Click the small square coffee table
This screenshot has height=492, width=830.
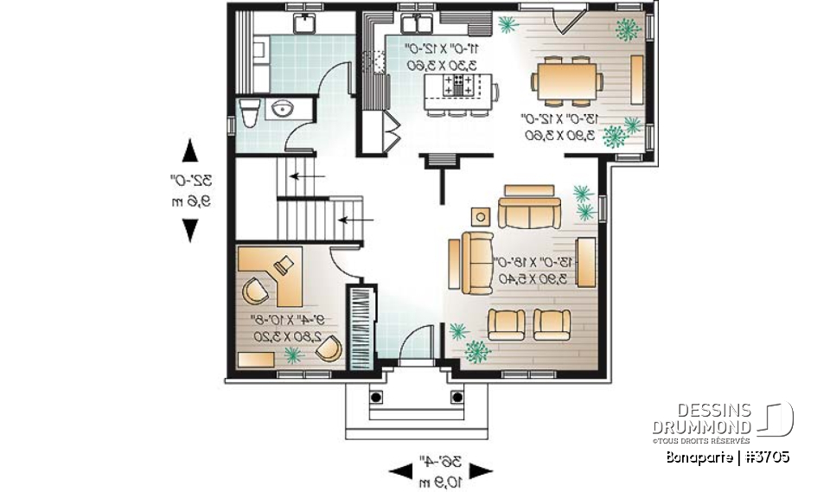(482, 216)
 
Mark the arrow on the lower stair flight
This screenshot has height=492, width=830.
(350, 220)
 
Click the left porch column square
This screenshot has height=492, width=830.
(376, 397)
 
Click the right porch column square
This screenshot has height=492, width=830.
(456, 397)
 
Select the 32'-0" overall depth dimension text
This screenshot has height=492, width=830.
(189, 182)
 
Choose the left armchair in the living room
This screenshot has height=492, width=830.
(505, 324)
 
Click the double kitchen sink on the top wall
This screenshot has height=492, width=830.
(417, 22)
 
